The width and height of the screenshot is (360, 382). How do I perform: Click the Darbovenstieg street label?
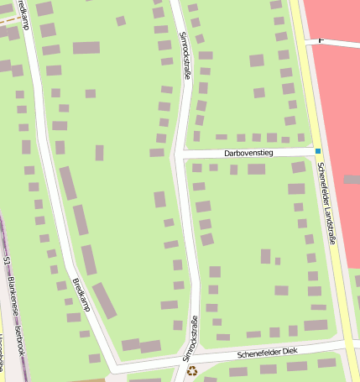point(248,154)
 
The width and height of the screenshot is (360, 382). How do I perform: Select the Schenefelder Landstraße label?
point(326,202)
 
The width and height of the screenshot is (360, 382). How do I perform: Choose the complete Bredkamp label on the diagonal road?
point(81,295)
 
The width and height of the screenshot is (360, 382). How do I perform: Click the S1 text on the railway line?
point(8,261)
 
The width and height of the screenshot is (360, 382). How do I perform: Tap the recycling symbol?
point(192,370)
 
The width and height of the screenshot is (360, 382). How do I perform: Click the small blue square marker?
point(318,152)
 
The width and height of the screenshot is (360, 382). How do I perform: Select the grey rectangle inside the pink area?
point(352,180)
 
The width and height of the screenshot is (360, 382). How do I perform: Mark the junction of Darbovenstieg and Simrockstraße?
point(183,154)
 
